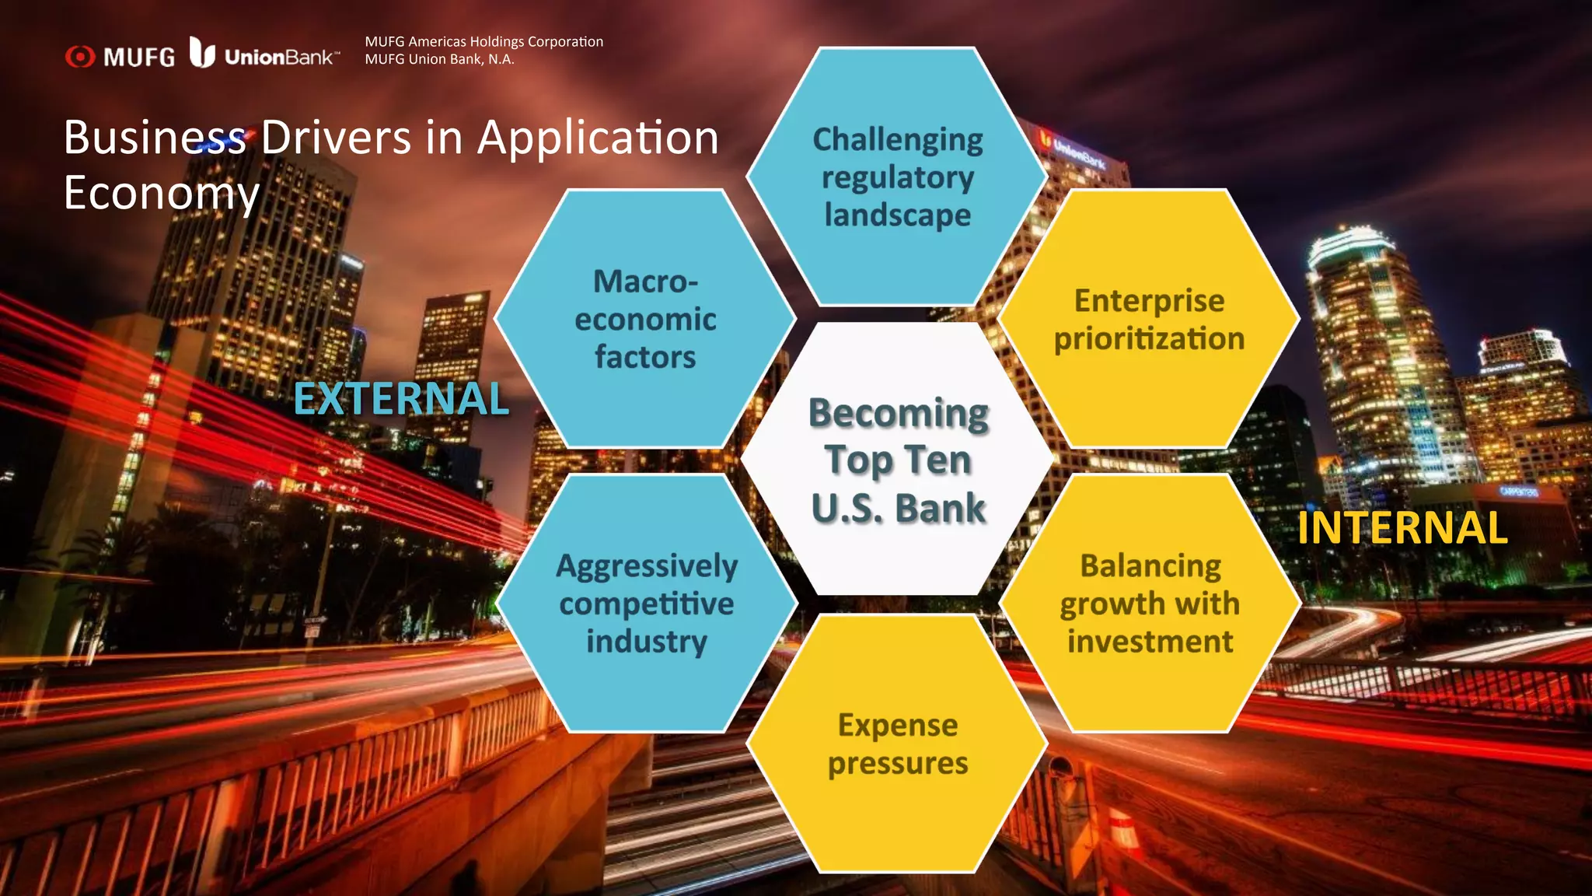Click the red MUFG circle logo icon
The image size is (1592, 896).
80,57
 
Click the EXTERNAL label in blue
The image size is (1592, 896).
401,399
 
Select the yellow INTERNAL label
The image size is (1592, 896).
1402,528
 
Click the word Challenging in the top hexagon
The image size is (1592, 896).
898,140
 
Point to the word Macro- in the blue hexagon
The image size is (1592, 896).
645,282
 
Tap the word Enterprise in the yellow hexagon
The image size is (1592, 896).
1149,301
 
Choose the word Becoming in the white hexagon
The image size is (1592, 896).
899,413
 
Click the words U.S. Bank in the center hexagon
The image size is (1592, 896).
899,509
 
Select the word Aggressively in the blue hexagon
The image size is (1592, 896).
647,566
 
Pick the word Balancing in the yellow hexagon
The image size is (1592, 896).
1150,566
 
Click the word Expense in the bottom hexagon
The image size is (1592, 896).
898,725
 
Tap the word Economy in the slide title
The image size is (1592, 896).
162,193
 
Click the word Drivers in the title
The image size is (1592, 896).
336,138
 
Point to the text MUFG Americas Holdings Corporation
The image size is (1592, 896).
484,42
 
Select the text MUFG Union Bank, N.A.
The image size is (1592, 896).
439,59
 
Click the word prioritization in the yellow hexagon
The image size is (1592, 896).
1149,339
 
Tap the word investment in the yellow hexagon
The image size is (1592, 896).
1150,642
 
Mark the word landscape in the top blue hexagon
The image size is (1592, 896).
898,215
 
